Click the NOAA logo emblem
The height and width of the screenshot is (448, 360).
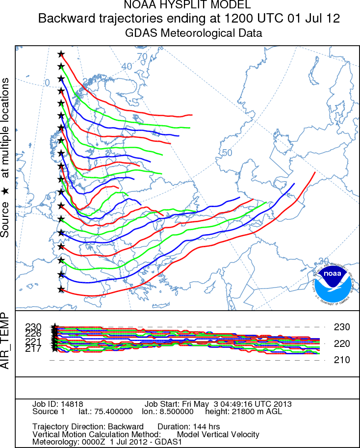click(333, 285)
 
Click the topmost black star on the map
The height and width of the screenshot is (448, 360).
click(61, 54)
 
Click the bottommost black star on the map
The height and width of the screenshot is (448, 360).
click(61, 290)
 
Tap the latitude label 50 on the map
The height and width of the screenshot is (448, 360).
click(227, 153)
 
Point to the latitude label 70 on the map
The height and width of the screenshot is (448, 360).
click(142, 56)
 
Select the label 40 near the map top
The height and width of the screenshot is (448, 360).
click(127, 66)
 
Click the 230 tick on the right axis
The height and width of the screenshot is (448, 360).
click(341, 327)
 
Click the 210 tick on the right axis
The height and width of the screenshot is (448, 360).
click(341, 360)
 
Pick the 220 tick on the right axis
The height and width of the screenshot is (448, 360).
click(341, 343)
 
